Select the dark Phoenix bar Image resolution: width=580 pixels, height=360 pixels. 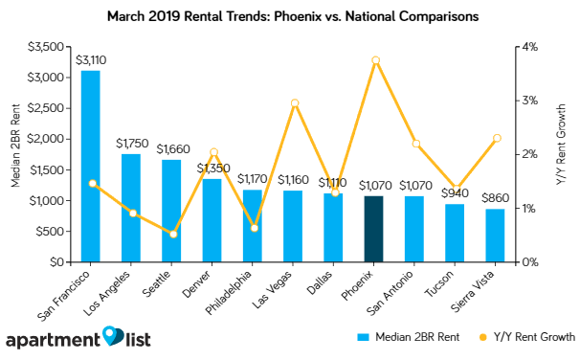point(374,229)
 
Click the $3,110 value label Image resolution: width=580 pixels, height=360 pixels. point(91,60)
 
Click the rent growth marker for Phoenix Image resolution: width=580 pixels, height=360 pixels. point(375,60)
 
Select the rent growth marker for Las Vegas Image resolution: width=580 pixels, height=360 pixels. point(294,103)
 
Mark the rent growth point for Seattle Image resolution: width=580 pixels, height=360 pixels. point(172,234)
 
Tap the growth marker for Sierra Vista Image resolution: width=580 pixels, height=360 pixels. point(497,138)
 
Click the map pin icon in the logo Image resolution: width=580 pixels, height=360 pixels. point(114,336)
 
